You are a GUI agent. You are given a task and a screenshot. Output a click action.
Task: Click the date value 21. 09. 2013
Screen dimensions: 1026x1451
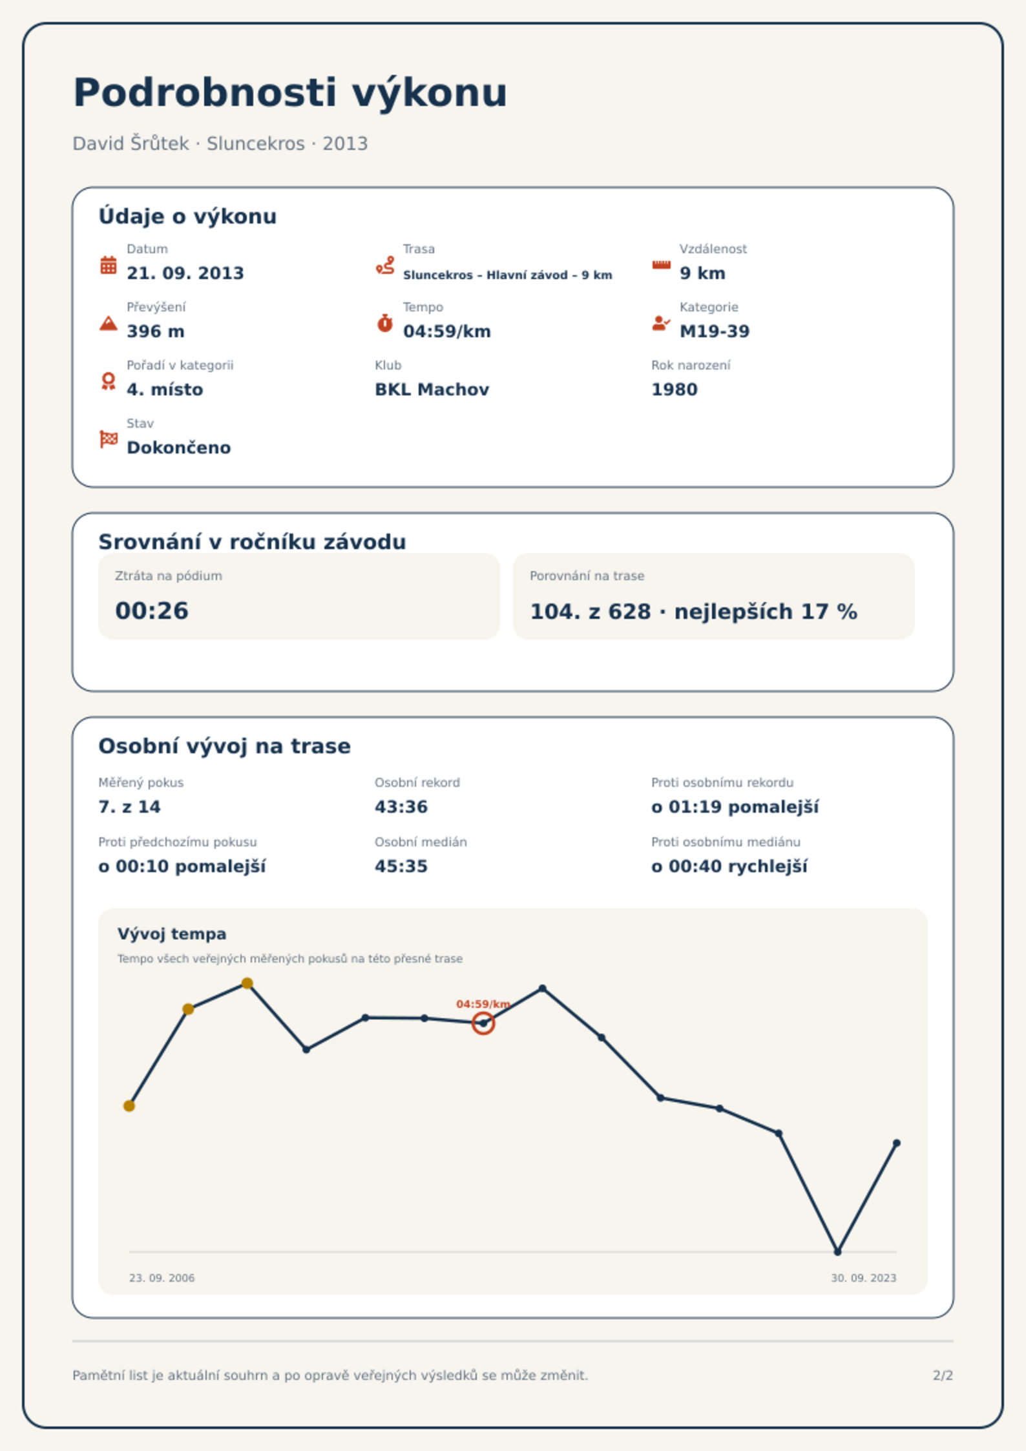pyautogui.click(x=185, y=273)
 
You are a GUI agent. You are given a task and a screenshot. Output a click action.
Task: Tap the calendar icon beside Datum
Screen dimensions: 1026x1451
pyautogui.click(x=109, y=265)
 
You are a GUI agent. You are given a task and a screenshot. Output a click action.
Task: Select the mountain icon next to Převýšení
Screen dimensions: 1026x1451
pyautogui.click(x=109, y=323)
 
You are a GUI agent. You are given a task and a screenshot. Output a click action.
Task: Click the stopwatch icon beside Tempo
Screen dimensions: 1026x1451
pyautogui.click(x=385, y=323)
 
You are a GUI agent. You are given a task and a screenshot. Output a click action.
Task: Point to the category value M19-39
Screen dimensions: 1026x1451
pyautogui.click(x=715, y=331)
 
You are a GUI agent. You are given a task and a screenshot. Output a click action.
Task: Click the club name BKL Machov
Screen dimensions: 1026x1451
pyautogui.click(x=432, y=390)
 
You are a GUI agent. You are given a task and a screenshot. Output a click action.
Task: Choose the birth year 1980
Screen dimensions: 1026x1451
pyautogui.click(x=675, y=390)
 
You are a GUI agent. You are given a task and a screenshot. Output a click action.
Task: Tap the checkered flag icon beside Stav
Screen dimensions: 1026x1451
pyautogui.click(x=109, y=439)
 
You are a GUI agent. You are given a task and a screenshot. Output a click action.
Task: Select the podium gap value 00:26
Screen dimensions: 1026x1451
pyautogui.click(x=152, y=611)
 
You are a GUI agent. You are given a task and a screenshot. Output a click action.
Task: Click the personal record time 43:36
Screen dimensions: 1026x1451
pyautogui.click(x=401, y=807)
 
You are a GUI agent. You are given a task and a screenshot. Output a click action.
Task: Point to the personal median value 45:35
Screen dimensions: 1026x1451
pyautogui.click(x=401, y=866)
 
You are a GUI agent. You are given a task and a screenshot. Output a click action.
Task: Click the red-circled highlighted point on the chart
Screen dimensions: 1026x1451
pyautogui.click(x=483, y=1023)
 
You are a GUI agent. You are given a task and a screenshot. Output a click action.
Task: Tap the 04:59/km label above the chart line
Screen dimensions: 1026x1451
pyautogui.click(x=483, y=1004)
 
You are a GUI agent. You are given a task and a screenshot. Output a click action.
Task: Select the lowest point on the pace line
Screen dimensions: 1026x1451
pyautogui.click(x=838, y=1252)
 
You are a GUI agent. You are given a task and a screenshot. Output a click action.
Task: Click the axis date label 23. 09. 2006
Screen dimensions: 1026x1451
pyautogui.click(x=162, y=1278)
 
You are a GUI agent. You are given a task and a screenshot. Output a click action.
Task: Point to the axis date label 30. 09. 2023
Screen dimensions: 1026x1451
pyautogui.click(x=864, y=1278)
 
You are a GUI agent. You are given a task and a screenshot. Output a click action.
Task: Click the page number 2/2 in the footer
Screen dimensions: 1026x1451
pyautogui.click(x=943, y=1375)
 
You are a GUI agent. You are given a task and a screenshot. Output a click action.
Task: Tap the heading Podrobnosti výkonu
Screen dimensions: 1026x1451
pyautogui.click(x=290, y=93)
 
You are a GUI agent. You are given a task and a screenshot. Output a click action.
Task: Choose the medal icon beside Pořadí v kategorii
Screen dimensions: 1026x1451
pyautogui.click(x=109, y=381)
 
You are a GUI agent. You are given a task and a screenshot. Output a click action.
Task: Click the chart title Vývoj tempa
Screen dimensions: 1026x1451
pyautogui.click(x=172, y=934)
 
